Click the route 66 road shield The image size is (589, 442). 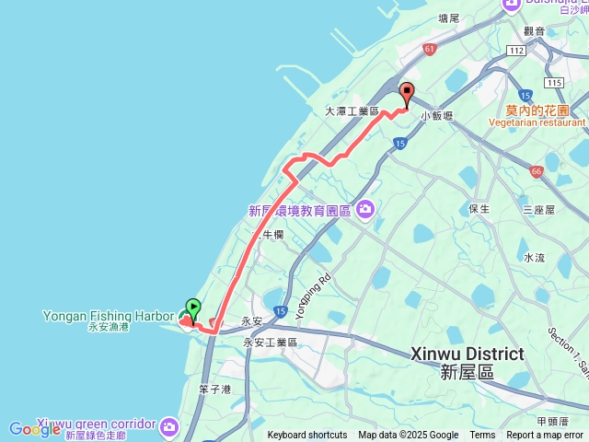536,171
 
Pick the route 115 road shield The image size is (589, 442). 553,83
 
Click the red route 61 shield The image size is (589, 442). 430,48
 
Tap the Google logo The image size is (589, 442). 35,429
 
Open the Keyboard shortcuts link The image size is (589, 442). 307,436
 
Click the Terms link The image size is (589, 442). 482,436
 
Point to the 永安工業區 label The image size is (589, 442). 270,343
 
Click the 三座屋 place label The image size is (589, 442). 538,210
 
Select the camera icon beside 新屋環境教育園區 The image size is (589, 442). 365,211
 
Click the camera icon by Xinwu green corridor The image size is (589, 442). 168,426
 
